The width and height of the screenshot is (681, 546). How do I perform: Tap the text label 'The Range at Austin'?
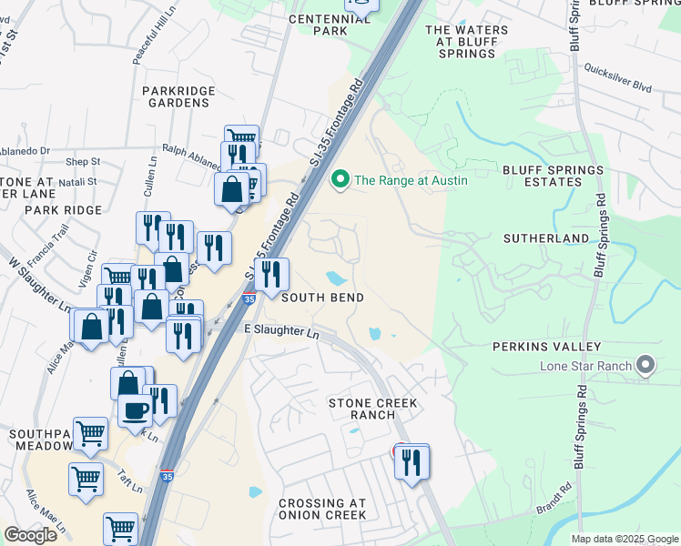click(x=411, y=180)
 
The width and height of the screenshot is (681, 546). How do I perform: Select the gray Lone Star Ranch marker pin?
click(x=646, y=366)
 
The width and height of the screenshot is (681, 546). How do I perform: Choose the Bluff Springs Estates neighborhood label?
click(x=553, y=176)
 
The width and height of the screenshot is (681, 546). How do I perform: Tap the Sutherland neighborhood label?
click(x=546, y=238)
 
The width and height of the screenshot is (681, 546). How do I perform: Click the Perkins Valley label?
click(x=546, y=347)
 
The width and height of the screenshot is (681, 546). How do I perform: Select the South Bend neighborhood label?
click(x=322, y=298)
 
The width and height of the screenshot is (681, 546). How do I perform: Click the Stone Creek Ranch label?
click(x=372, y=409)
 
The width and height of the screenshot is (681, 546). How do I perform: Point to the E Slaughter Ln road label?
click(x=281, y=331)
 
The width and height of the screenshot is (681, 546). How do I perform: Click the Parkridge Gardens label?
click(x=176, y=96)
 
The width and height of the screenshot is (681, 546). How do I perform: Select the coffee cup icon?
click(x=135, y=409)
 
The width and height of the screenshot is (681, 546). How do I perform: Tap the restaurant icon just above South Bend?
click(x=271, y=275)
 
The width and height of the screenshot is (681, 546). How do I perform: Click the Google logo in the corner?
click(x=30, y=535)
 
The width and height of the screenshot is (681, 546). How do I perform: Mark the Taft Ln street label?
click(x=131, y=481)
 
